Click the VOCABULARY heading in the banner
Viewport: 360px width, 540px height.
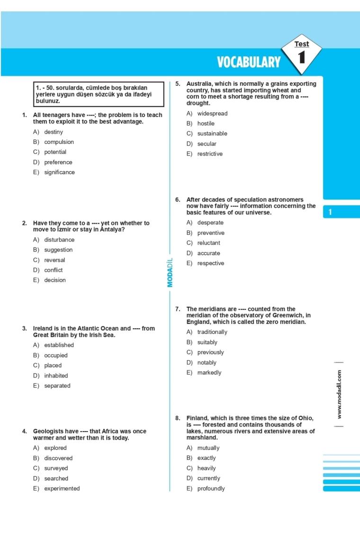249,62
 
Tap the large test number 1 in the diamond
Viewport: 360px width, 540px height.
302,58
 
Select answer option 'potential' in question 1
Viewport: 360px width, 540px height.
55,152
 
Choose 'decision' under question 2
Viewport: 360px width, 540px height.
55,280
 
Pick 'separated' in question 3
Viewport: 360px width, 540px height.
57,386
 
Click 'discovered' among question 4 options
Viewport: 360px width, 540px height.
58,458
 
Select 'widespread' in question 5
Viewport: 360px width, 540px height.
212,114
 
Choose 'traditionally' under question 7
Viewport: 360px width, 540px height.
212,332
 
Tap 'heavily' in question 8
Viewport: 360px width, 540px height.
207,468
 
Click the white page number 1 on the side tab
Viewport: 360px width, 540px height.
330,212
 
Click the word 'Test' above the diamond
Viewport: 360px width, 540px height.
302,44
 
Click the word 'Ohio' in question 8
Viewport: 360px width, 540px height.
305,418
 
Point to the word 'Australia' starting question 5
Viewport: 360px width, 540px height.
200,84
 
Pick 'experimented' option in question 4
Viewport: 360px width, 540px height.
62,488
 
